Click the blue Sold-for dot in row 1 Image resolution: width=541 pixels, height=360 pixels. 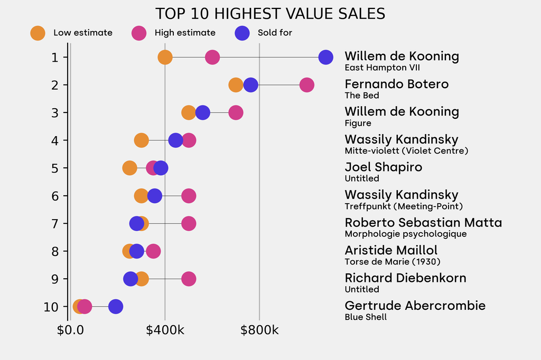pyautogui.click(x=326, y=57)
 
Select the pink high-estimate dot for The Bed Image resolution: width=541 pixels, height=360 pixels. pyautogui.click(x=306, y=85)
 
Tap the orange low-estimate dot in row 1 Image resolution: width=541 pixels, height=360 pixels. pyautogui.click(x=165, y=57)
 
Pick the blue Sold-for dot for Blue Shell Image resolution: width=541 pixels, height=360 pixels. pyautogui.click(x=115, y=306)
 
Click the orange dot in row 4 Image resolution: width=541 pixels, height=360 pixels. pyautogui.click(x=141, y=140)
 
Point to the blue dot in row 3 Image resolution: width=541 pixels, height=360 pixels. pyautogui.click(x=202, y=112)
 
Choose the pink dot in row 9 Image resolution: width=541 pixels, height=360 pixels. pyautogui.click(x=189, y=279)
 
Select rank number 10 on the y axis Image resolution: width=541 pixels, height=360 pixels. pyautogui.click(x=51, y=306)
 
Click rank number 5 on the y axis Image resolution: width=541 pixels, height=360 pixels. pyautogui.click(x=54, y=168)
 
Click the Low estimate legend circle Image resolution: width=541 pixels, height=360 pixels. pyautogui.click(x=38, y=33)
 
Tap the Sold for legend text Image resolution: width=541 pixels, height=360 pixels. pyautogui.click(x=275, y=33)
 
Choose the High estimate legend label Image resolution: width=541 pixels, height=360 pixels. pyautogui.click(x=185, y=33)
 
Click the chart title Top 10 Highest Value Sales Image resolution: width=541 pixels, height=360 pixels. pyautogui.click(x=270, y=14)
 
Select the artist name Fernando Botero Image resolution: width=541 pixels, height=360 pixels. pyautogui.click(x=396, y=84)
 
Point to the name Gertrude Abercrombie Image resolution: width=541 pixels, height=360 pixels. pyautogui.click(x=415, y=306)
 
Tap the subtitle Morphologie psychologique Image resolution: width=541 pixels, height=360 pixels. pyautogui.click(x=405, y=234)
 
